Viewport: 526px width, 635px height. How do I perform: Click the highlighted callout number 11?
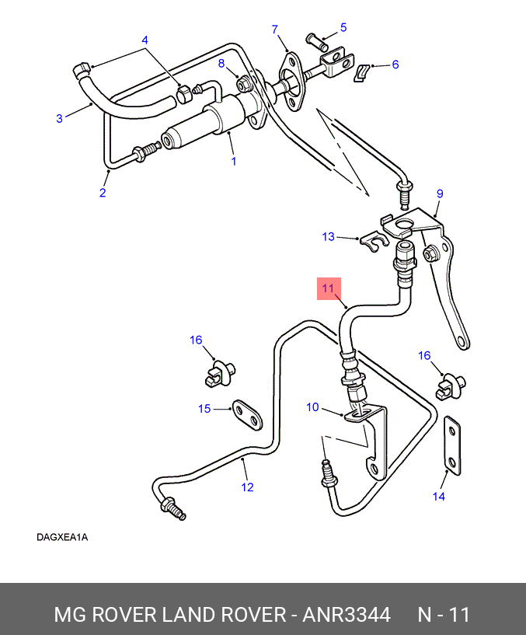pyautogui.click(x=328, y=288)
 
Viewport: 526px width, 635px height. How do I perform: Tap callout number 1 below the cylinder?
pyautogui.click(x=234, y=161)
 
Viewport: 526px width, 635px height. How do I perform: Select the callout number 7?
pyautogui.click(x=275, y=30)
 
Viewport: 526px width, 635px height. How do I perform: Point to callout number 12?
pyautogui.click(x=247, y=487)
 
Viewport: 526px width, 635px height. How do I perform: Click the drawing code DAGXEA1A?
pyautogui.click(x=62, y=537)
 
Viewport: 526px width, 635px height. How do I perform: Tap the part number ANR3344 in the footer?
pyautogui.click(x=347, y=615)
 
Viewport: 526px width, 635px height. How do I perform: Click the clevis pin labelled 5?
pyautogui.click(x=317, y=42)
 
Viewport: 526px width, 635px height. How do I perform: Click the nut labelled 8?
pyautogui.click(x=244, y=85)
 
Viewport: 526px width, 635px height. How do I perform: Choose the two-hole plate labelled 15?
pyautogui.click(x=247, y=415)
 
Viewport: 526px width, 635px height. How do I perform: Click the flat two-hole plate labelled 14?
pyautogui.click(x=453, y=445)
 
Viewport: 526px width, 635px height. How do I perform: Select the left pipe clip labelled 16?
pyautogui.click(x=219, y=373)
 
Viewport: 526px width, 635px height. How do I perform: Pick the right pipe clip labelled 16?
pyautogui.click(x=451, y=387)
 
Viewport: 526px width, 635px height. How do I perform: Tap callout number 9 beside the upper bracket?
pyautogui.click(x=441, y=194)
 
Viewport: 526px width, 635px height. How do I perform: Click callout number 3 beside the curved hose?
pyautogui.click(x=60, y=118)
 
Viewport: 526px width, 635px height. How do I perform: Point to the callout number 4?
pyautogui.click(x=145, y=40)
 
